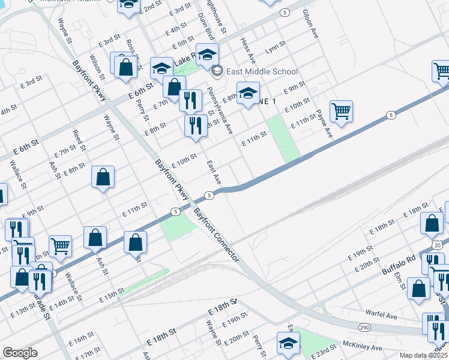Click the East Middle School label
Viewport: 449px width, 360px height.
(262, 71)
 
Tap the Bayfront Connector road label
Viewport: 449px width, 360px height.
(215, 235)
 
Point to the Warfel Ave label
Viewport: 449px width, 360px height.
(382, 314)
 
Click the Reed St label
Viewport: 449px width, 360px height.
(79, 139)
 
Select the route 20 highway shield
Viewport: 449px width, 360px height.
(438, 245)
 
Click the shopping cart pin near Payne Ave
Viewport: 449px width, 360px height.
(341, 111)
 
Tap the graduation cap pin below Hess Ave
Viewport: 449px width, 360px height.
(247, 93)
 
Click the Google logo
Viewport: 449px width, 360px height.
(20, 353)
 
